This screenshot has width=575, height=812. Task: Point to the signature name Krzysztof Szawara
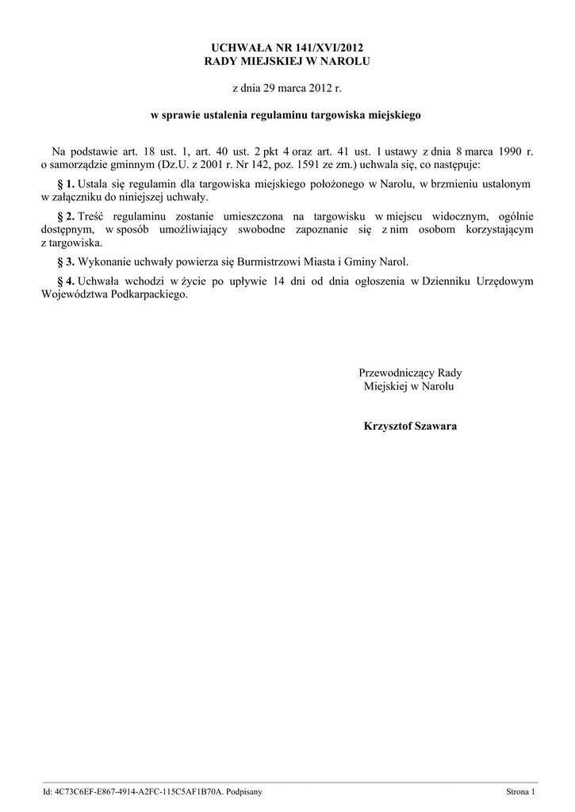pyautogui.click(x=409, y=426)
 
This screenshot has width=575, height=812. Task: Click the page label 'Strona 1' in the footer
pyautogui.click(x=521, y=791)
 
